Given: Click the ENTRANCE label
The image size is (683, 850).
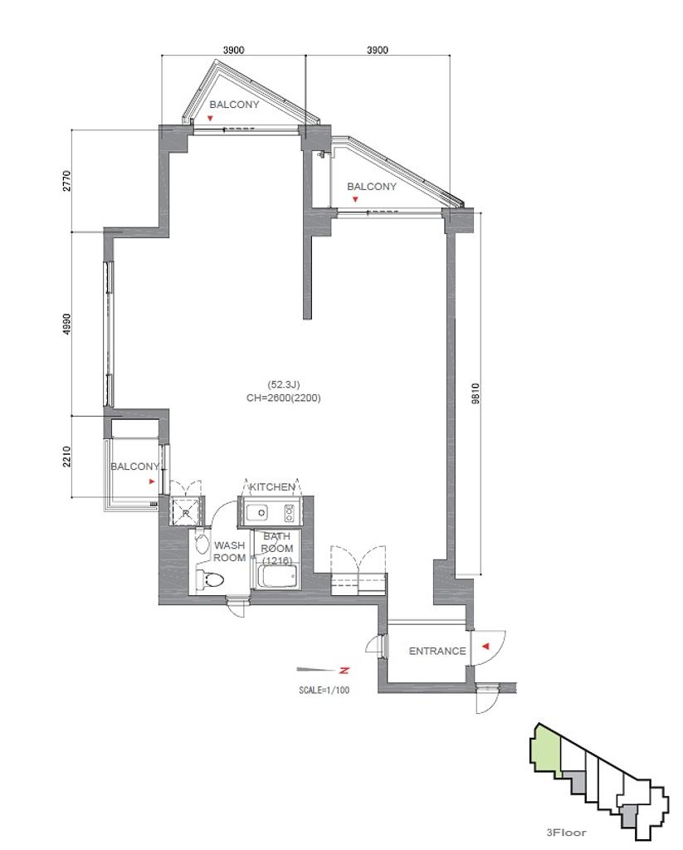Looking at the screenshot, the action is (437, 651).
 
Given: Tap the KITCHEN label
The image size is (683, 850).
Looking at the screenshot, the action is (272, 486).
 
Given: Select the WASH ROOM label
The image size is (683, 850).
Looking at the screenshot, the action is (229, 551).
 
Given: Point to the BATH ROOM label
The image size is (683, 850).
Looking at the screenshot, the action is (277, 548).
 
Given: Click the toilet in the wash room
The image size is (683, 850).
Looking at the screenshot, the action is (210, 579).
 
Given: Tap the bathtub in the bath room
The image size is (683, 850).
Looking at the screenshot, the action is (277, 576).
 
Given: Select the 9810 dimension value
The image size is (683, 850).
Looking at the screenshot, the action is (476, 393).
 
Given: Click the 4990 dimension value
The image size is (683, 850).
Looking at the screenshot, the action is (66, 324).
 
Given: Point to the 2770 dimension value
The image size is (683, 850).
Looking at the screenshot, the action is (66, 181).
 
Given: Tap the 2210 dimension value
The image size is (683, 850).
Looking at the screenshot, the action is (66, 457).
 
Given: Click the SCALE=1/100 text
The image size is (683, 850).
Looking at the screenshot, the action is (324, 690).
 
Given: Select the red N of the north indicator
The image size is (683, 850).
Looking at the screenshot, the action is (344, 671).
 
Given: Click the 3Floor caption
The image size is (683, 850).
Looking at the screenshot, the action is (566, 832).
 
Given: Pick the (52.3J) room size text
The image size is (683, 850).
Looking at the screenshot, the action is (284, 384).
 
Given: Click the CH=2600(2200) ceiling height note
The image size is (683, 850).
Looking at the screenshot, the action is (284, 398).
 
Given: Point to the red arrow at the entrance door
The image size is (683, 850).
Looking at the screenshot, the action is (485, 646).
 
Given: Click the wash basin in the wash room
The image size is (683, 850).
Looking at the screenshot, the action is (202, 544).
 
